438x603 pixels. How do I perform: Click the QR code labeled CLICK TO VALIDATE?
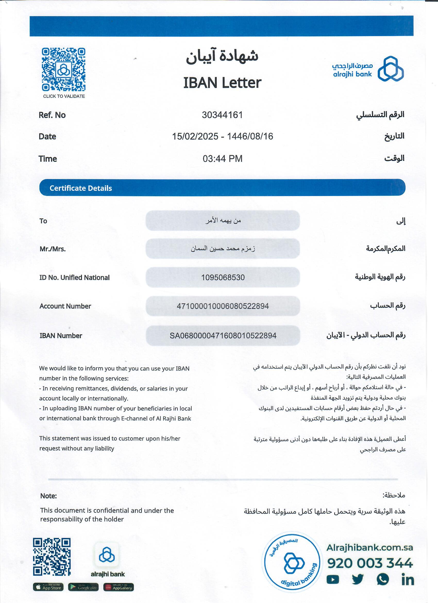pyautogui.click(x=63, y=69)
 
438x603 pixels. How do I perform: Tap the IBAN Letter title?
pyautogui.click(x=222, y=83)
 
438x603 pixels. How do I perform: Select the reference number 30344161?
pyautogui.click(x=222, y=115)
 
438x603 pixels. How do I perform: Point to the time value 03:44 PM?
pyautogui.click(x=223, y=158)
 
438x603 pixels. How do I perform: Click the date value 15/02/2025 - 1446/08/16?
pyautogui.click(x=223, y=136)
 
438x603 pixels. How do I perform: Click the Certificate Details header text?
pyautogui.click(x=81, y=188)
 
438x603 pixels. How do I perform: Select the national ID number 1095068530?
pyautogui.click(x=223, y=278)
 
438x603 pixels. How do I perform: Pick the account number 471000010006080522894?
pyautogui.click(x=223, y=306)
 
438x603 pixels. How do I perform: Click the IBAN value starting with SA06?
pyautogui.click(x=223, y=336)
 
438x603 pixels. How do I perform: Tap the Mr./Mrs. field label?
pyautogui.click(x=53, y=249)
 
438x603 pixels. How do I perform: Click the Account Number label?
pyautogui.click(x=65, y=306)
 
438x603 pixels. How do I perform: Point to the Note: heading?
pyautogui.click(x=49, y=496)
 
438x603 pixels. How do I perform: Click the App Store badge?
pyautogui.click(x=48, y=587)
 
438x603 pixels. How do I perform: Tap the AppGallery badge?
pyautogui.click(x=119, y=587)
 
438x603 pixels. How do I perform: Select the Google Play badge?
pyautogui.click(x=83, y=587)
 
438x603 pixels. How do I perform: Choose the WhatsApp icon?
pyautogui.click(x=383, y=579)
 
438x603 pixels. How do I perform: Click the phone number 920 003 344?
pyautogui.click(x=370, y=563)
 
